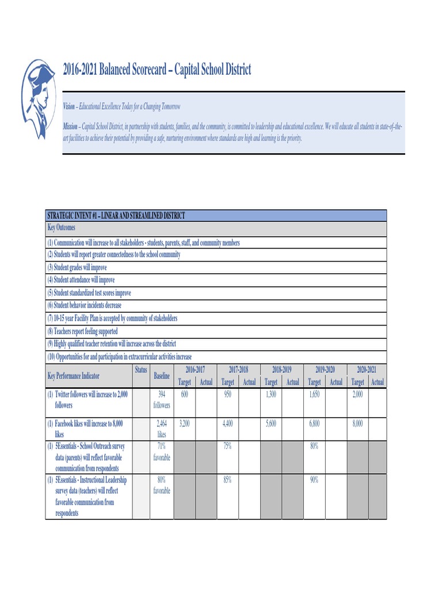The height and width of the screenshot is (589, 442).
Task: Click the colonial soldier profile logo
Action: point(39,98)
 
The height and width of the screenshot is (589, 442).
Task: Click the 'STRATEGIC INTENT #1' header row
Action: point(116,216)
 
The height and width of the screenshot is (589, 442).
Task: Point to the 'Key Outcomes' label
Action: point(61,228)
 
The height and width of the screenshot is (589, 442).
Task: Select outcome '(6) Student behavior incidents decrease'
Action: point(84,305)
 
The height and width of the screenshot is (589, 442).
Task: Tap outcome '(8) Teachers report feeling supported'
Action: point(82,331)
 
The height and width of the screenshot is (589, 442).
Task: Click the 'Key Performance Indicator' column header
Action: point(73,376)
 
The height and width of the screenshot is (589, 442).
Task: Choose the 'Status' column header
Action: point(141,369)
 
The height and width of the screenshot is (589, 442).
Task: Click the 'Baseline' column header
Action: point(162,376)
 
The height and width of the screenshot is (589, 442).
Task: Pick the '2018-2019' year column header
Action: point(281,369)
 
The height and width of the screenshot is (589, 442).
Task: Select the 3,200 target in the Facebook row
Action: point(184,423)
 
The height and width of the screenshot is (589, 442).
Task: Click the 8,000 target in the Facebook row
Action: point(357,423)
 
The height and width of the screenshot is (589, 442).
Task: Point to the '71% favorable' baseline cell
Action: point(162,452)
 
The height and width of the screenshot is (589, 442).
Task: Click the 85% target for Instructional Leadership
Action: point(227,480)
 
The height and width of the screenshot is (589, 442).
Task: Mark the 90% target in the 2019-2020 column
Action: point(314,480)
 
